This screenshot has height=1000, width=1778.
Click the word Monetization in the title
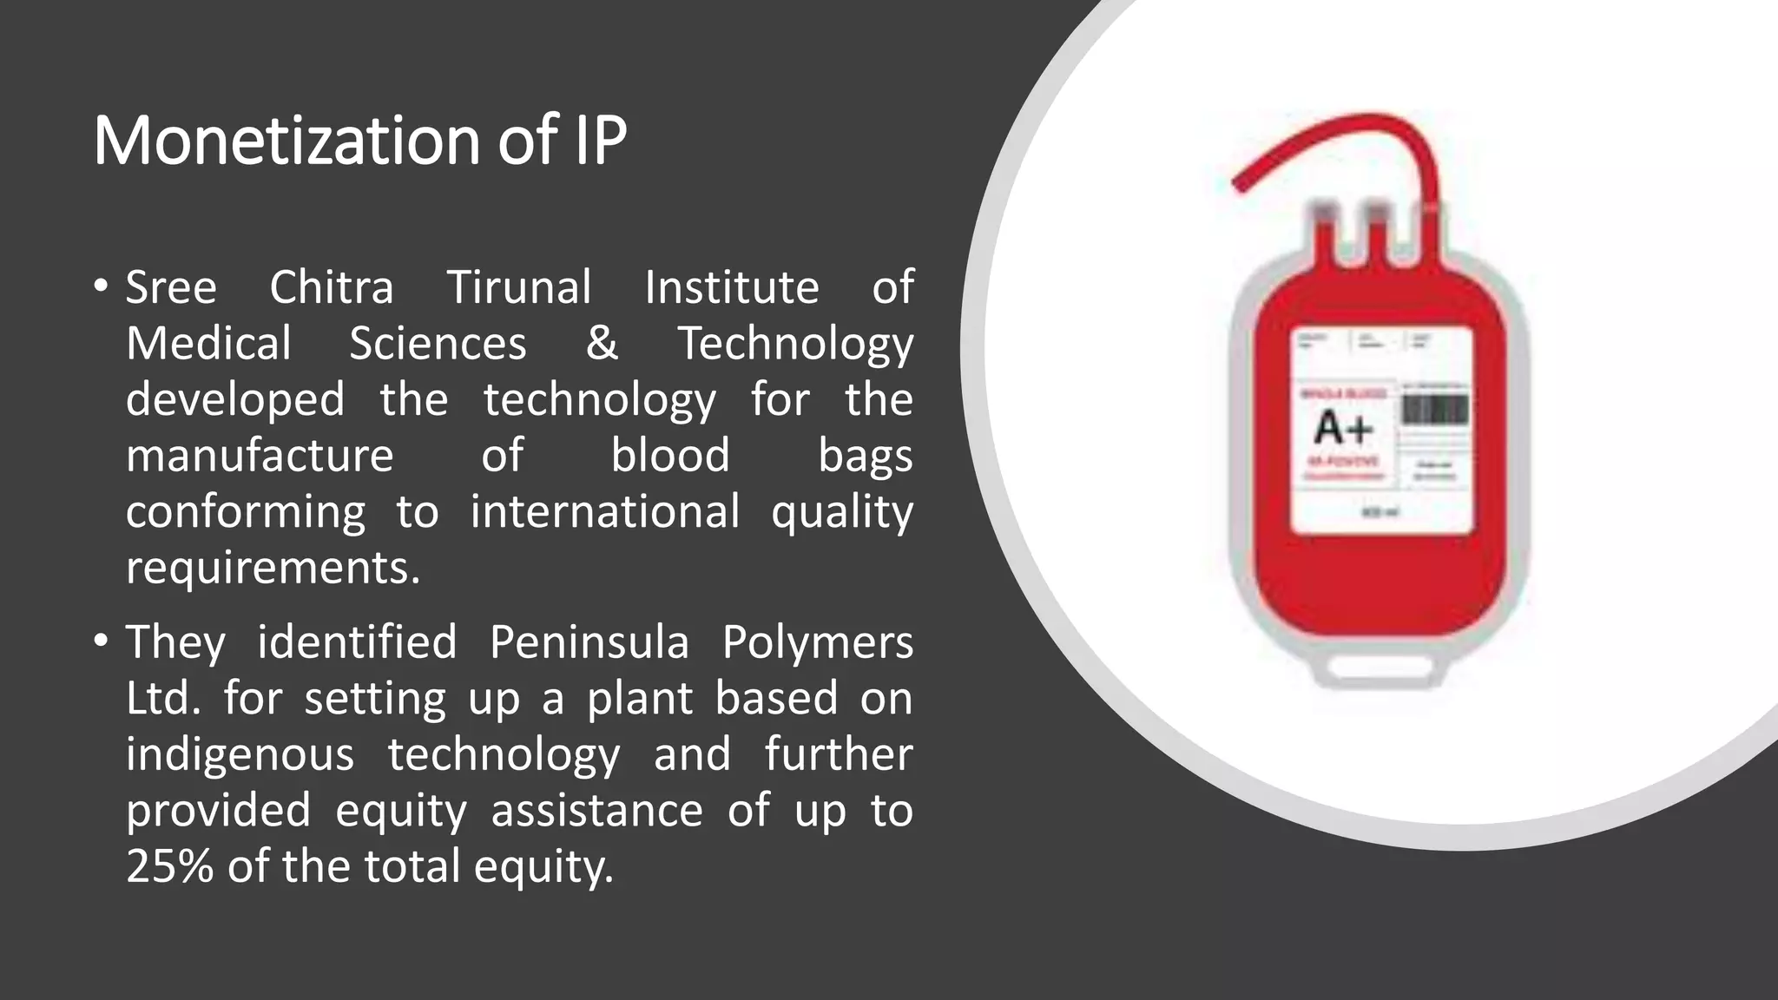click(286, 141)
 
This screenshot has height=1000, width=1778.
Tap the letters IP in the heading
click(599, 141)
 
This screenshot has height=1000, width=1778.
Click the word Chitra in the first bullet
click(331, 287)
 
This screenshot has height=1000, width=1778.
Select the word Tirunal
click(518, 287)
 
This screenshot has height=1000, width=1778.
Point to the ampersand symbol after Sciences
click(602, 343)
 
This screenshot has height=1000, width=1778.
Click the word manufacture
click(260, 456)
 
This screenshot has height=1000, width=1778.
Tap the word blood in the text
click(669, 456)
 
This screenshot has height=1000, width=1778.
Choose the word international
click(604, 511)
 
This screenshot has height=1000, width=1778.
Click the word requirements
click(273, 568)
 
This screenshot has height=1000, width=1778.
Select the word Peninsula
click(589, 642)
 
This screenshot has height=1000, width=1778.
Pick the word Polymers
click(817, 642)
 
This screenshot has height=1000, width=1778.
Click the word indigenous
click(240, 754)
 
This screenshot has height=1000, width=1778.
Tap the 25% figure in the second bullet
click(169, 866)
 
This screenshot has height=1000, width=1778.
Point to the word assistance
click(596, 811)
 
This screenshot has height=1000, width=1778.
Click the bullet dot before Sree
click(102, 286)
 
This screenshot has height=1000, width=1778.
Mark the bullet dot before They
click(102, 641)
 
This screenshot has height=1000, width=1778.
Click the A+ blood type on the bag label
click(1343, 428)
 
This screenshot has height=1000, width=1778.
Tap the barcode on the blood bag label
click(1434, 410)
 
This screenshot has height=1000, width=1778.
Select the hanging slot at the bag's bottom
click(1380, 668)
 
